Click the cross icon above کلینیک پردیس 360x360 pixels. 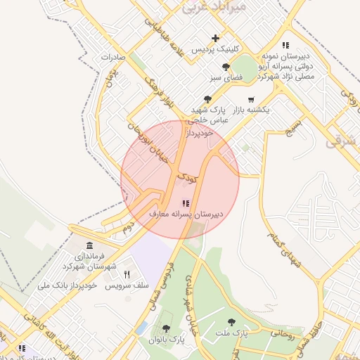click(216, 38)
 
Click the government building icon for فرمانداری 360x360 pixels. click(89, 245)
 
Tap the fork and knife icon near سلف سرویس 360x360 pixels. click(127, 274)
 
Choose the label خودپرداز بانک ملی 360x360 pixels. click(66, 285)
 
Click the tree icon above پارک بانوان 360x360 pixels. click(166, 328)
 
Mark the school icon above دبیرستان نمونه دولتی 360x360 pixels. click(285, 45)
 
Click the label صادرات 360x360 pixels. click(112, 56)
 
